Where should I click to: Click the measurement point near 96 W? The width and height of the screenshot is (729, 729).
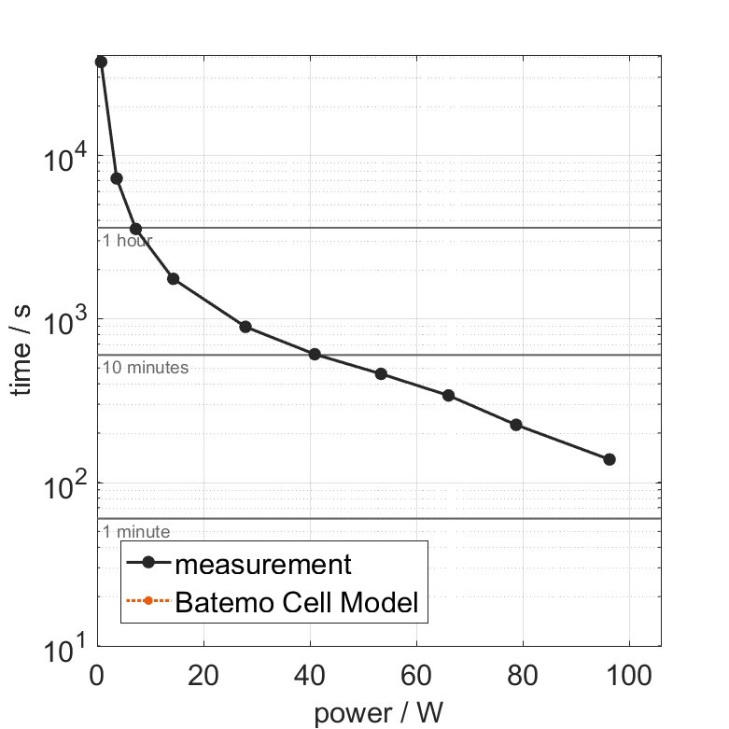[x=610, y=459]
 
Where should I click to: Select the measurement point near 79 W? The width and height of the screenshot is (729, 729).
[x=515, y=425]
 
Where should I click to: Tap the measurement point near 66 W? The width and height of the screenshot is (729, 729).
[x=448, y=396]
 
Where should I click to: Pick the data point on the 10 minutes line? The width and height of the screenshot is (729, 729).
[x=315, y=354]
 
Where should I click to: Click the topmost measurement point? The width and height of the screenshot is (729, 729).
[x=101, y=62]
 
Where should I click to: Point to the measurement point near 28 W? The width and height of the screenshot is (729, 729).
[x=245, y=327]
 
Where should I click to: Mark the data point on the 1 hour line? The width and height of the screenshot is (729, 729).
[x=135, y=229]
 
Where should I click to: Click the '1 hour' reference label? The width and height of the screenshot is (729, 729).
[x=127, y=241]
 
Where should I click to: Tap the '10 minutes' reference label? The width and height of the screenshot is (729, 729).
[x=146, y=368]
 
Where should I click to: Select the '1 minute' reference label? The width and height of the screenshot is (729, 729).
[x=136, y=532]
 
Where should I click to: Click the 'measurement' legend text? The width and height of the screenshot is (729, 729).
[x=263, y=565]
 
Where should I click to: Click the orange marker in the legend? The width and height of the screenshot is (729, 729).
[x=147, y=603]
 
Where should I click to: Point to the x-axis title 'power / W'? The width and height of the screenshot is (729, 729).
[x=379, y=714]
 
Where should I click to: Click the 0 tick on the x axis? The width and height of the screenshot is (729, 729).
[x=97, y=675]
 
